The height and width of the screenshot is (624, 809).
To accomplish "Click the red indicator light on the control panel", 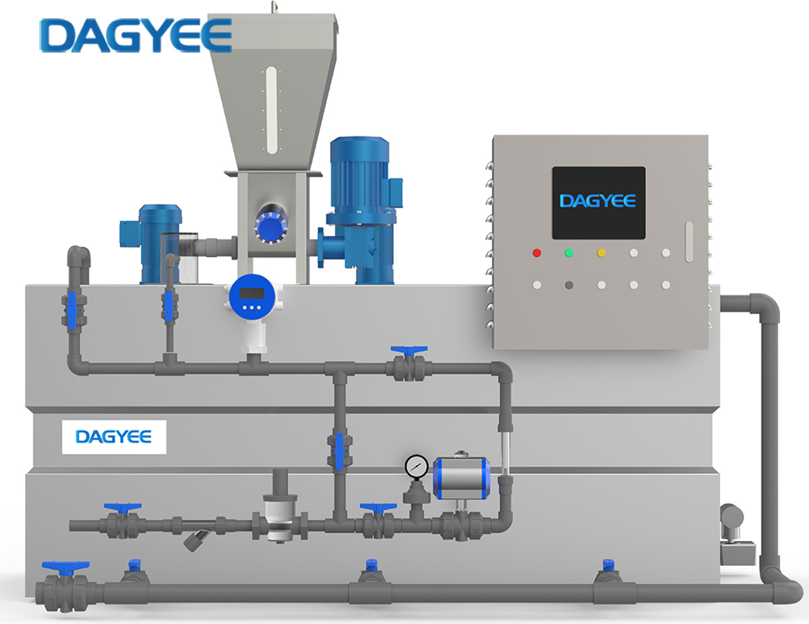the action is [x=537, y=253].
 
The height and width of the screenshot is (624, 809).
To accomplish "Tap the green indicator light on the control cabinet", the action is [x=569, y=253].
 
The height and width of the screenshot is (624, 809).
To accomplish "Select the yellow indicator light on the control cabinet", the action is [x=601, y=253].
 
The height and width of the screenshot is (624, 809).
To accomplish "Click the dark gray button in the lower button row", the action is [x=569, y=285].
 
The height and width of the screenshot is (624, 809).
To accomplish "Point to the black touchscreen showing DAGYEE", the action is [x=599, y=202].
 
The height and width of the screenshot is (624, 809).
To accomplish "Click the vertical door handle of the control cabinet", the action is [x=689, y=242].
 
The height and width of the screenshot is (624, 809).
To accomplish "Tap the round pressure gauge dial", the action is [x=417, y=466].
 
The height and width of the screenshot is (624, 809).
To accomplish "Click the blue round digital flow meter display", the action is [x=252, y=297].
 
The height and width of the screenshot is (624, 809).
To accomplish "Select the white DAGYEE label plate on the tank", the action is [x=114, y=437].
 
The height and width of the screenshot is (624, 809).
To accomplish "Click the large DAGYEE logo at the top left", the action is [x=136, y=35].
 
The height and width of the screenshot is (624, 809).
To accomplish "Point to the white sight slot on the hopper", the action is [x=272, y=110].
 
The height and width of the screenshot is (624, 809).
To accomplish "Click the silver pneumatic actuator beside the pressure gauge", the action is [x=461, y=478].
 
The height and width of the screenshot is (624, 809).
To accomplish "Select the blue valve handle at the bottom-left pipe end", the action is [x=65, y=566].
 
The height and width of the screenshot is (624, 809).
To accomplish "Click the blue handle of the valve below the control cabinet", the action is [x=409, y=350].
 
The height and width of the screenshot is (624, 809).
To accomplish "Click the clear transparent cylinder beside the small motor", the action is [x=179, y=258].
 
